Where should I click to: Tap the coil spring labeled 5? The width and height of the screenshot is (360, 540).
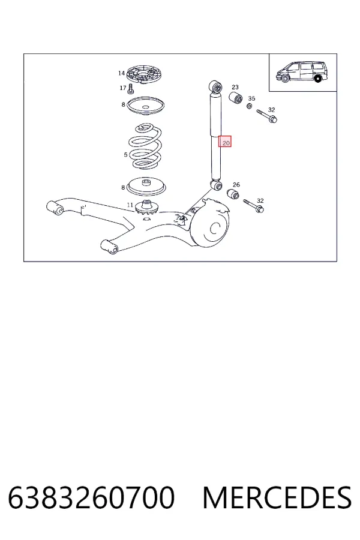145,147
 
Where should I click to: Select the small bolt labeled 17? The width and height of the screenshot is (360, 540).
130,89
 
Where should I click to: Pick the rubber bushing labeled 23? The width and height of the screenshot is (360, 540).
236,97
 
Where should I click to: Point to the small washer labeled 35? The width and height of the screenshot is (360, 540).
250,106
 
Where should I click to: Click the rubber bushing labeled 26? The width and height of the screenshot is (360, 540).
233,194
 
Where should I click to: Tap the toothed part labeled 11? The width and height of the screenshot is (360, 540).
146,207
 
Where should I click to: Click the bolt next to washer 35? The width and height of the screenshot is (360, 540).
267,116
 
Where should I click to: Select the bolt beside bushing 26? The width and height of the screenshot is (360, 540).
254,206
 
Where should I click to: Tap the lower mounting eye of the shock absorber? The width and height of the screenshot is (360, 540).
217,186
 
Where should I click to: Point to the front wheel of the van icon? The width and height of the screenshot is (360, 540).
284,79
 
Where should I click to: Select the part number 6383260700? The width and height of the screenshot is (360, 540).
91,497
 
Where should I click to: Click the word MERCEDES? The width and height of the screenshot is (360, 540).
277,497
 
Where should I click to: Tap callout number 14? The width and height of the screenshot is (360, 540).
121,73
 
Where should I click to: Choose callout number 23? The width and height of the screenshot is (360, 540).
235,87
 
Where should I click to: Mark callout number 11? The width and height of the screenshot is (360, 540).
130,205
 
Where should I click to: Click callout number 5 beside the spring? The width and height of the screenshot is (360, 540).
126,155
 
